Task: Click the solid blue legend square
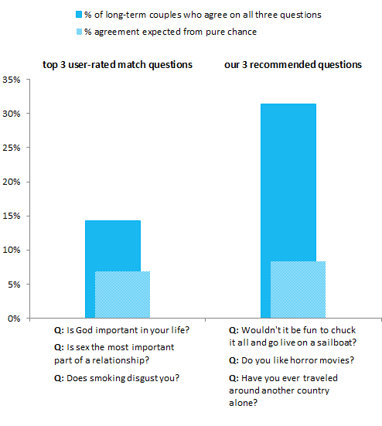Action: (79, 15)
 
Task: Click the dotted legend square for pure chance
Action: (79, 32)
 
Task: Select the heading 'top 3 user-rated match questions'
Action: (118, 65)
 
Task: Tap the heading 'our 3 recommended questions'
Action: (293, 65)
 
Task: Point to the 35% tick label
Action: (12, 80)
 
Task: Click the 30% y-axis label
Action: (12, 114)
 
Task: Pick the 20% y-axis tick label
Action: (12, 182)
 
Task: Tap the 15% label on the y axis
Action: (12, 216)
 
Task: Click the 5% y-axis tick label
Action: (14, 285)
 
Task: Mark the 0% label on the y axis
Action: (14, 319)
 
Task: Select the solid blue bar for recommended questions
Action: (288, 182)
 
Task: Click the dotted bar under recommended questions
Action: (298, 290)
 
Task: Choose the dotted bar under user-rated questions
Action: (122, 295)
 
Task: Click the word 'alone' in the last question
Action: (243, 403)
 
